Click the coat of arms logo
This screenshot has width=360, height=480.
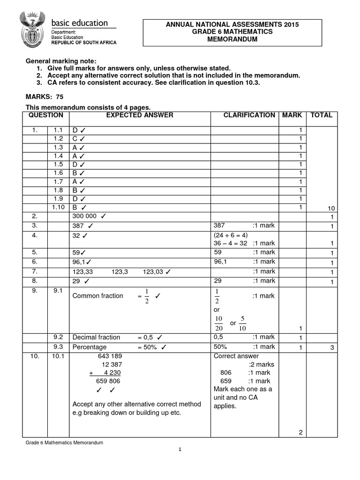pos(31,29)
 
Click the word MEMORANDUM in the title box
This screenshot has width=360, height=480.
pos(232,39)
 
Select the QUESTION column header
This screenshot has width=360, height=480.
pos(46,115)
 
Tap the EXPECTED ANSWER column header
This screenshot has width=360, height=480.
pos(140,115)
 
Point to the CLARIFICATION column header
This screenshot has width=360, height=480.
pos(249,115)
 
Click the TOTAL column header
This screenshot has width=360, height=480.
pos(321,115)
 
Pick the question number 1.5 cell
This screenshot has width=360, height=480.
pos(58,165)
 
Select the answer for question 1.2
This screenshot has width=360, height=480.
pos(78,139)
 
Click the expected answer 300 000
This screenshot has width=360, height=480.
pos(88,216)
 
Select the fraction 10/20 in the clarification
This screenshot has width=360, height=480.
pos(218,324)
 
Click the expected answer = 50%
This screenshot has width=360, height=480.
pos(150,347)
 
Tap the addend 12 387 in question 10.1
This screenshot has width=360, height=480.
pos(112,364)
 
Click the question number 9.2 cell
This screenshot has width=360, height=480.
pos(58,337)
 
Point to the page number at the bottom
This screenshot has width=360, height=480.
pos(180,450)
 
